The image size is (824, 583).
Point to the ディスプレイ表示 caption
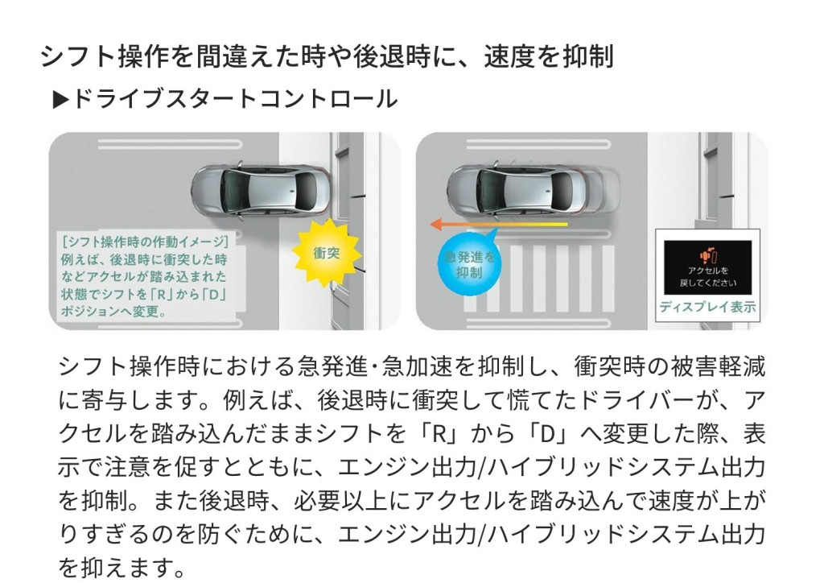[x=707, y=307]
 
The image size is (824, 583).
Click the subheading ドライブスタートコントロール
[x=234, y=99]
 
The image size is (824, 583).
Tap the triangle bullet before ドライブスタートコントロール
[x=61, y=99]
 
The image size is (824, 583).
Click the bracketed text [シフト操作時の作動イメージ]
[x=145, y=242]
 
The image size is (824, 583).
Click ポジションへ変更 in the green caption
[x=113, y=312]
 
